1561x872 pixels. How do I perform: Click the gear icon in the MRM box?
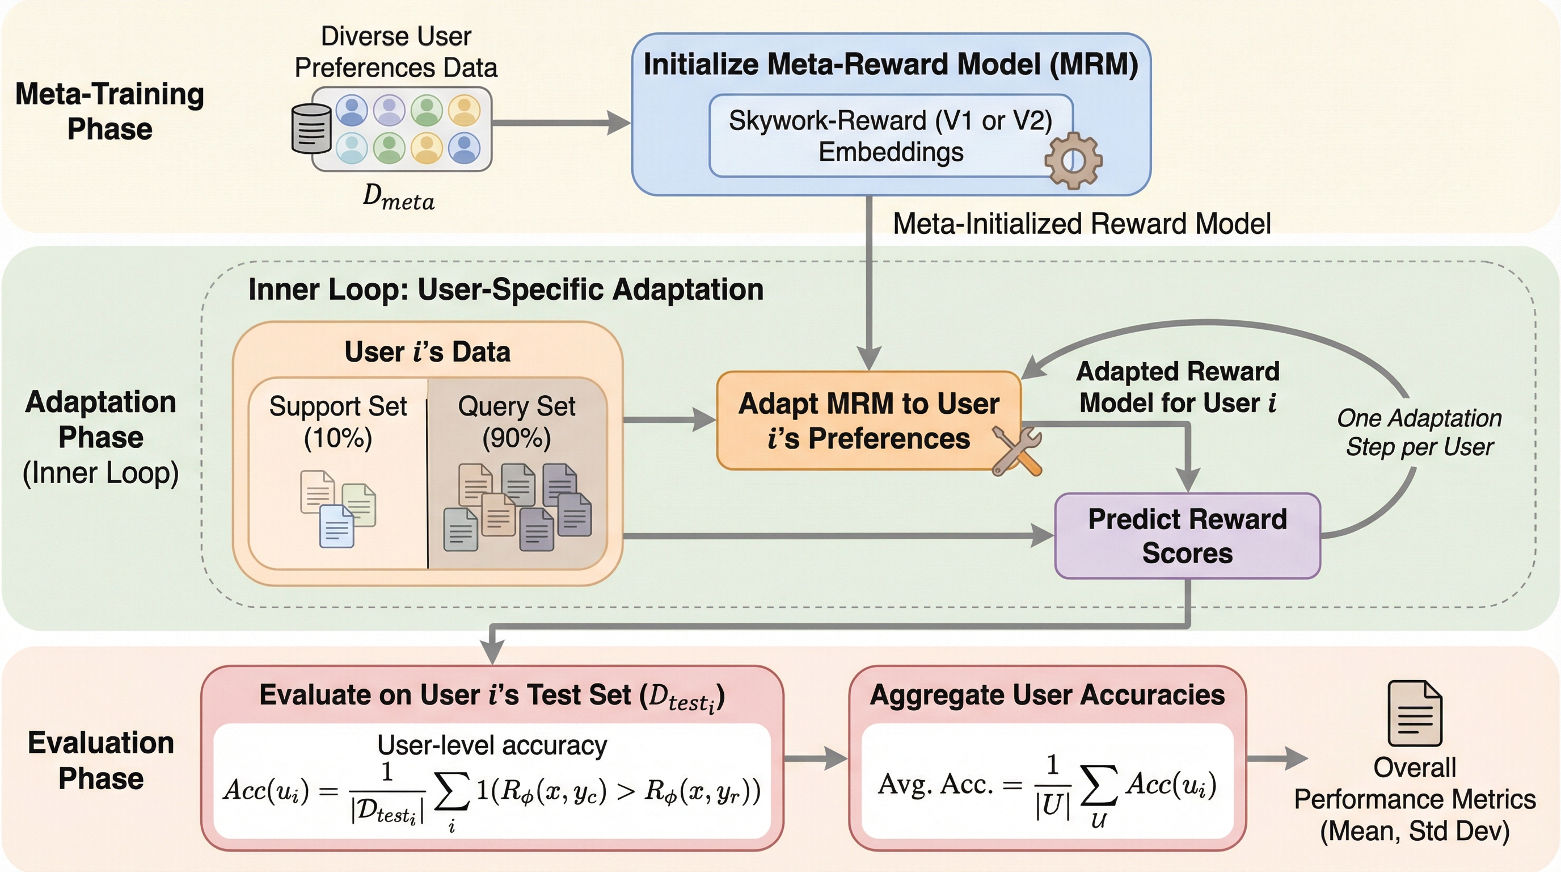click(1073, 161)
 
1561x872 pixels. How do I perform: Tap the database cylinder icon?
click(311, 128)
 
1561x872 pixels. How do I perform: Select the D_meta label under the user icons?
click(398, 198)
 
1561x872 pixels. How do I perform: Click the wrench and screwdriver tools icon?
click(1016, 451)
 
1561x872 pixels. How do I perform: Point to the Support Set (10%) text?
click(337, 421)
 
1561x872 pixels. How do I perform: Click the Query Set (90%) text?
click(516, 421)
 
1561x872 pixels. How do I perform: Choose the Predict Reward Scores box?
click(1187, 536)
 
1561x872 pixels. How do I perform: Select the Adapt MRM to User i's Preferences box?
click(868, 421)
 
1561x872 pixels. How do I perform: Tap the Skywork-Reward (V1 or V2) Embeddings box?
click(890, 136)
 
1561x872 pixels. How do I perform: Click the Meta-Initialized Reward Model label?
click(1082, 224)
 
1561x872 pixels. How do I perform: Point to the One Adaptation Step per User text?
click(1419, 433)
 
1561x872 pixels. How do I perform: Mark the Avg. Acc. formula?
click(1047, 786)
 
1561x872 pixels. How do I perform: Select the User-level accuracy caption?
click(492, 745)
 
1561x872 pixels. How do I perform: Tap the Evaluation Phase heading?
click(101, 760)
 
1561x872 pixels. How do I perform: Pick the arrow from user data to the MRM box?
click(560, 123)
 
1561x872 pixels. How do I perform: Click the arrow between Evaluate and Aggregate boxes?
click(816, 758)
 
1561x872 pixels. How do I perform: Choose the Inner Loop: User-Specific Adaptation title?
click(505, 290)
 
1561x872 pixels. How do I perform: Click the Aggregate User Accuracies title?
click(1047, 695)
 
